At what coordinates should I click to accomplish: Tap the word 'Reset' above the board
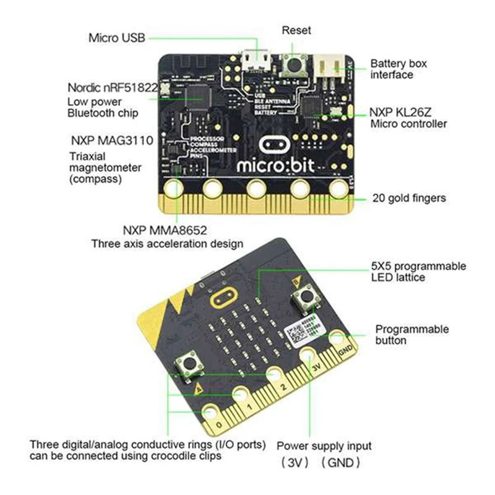(x=296, y=30)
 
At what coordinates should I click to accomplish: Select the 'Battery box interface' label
(x=398, y=69)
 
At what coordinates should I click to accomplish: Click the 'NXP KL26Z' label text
(x=408, y=113)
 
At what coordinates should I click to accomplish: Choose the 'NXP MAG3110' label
(x=111, y=140)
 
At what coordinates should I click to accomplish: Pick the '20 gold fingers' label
(x=409, y=199)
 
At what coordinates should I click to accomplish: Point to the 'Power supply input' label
(x=324, y=445)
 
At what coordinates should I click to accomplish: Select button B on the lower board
(x=306, y=299)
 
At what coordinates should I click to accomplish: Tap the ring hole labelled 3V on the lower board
(x=308, y=357)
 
